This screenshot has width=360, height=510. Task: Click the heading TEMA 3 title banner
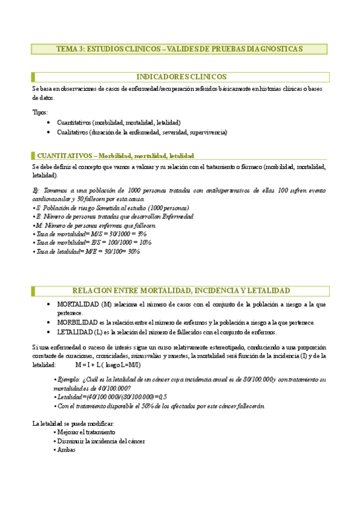[179, 49]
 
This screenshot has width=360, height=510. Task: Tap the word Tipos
[40, 112]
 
